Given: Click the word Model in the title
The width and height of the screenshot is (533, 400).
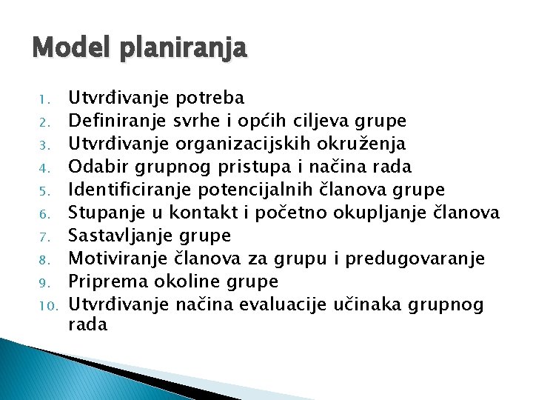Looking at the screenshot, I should tap(64, 50).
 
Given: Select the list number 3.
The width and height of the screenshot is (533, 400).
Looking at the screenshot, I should tap(44, 143).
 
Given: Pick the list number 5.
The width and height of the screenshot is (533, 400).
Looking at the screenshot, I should tap(44, 190).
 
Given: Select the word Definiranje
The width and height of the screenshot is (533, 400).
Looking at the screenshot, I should tap(117, 121).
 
